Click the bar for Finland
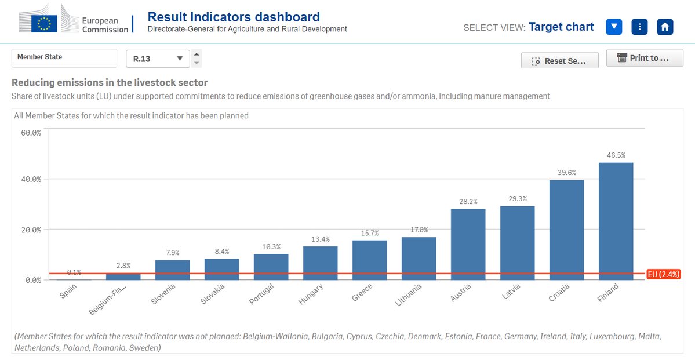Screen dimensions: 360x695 616,221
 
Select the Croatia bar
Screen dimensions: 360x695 566,230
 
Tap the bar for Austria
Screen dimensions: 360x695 468,244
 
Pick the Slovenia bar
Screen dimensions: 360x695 172,270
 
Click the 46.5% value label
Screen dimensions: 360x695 616,155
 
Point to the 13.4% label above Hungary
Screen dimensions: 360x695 320,239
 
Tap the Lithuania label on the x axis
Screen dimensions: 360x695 416,294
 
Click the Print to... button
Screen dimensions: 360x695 645,58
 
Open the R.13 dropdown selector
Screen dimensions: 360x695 158,59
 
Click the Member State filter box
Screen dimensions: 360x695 64,57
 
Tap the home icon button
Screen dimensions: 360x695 665,27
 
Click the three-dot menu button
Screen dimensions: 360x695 639,27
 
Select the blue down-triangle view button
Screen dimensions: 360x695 614,27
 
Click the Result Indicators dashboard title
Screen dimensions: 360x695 234,16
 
